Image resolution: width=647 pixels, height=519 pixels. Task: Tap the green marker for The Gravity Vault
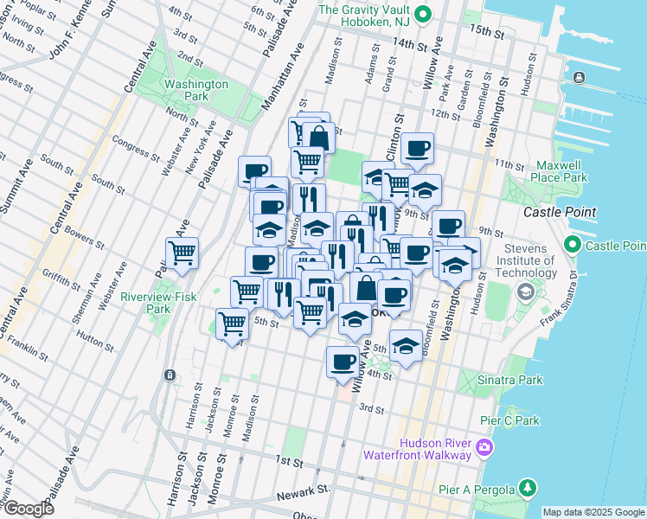[x=422, y=13]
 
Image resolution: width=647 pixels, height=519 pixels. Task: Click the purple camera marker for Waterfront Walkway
[x=484, y=448]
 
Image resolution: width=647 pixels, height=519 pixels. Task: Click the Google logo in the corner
[x=29, y=509]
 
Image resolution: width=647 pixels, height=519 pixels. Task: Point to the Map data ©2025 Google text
[x=593, y=512]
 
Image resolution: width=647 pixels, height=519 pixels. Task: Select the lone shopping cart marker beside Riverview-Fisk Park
[x=182, y=253]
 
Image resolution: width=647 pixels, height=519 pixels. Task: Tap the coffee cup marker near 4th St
[x=343, y=362]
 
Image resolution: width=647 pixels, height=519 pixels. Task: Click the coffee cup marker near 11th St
[x=418, y=148]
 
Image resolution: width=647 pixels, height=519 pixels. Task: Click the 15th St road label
[x=487, y=32]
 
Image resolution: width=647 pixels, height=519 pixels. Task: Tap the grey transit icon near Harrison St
[x=170, y=375]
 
